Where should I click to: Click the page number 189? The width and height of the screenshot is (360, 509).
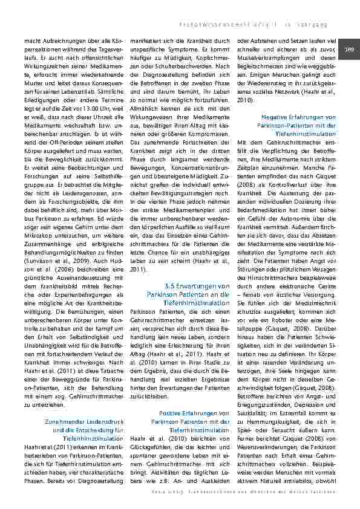click(349, 48)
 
